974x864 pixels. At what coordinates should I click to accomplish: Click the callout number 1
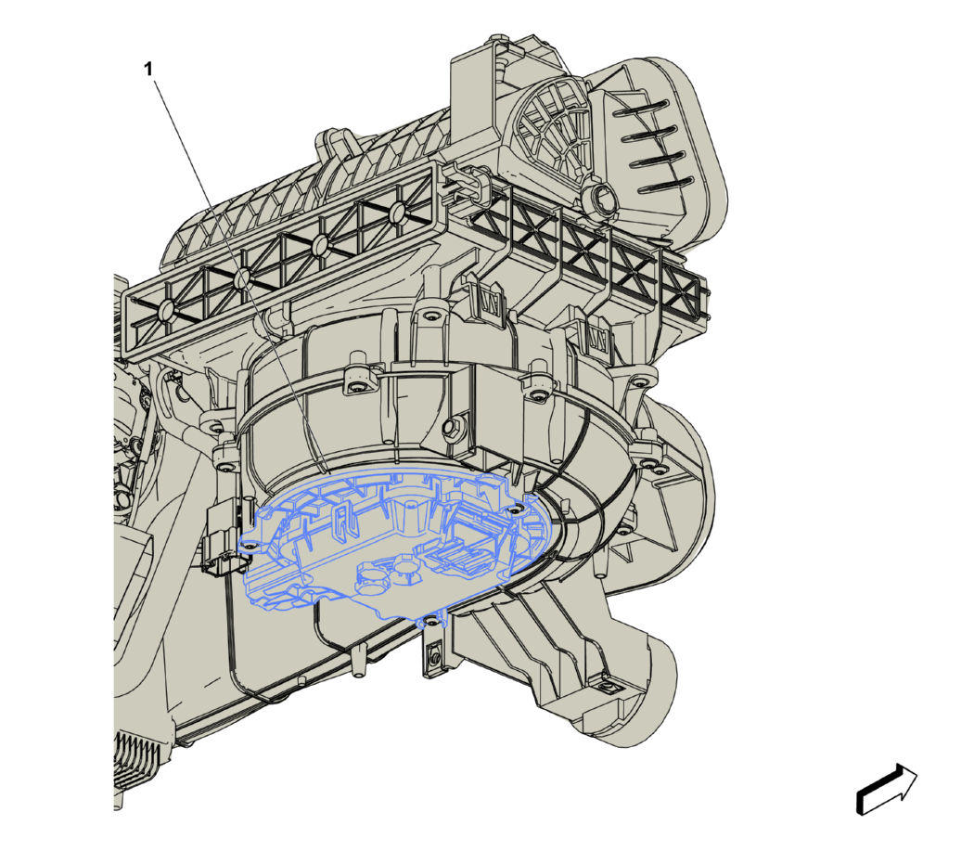(147, 69)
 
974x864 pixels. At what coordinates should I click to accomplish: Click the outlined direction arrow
(887, 790)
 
